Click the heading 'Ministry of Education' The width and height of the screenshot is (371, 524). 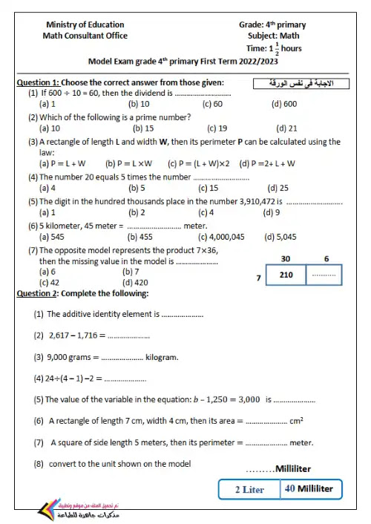click(x=85, y=24)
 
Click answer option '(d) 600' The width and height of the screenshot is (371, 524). click(x=284, y=104)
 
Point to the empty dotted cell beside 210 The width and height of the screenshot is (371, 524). click(x=324, y=275)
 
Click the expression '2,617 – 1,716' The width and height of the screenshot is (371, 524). click(x=70, y=335)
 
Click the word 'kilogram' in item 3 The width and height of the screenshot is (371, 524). click(x=162, y=357)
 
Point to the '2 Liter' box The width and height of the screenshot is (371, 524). click(x=249, y=489)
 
